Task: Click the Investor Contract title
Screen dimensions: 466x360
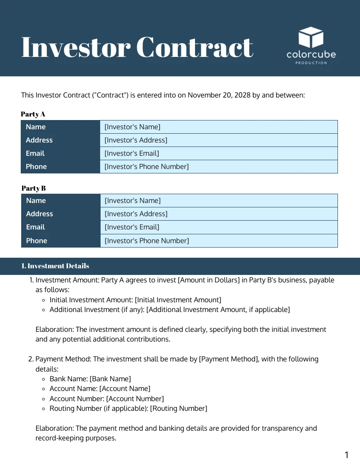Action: click(137, 47)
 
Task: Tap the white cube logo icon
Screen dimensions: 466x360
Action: click(311, 38)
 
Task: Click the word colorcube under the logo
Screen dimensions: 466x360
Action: click(311, 55)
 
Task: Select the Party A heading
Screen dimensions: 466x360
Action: click(33, 114)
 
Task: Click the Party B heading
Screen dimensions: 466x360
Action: click(34, 188)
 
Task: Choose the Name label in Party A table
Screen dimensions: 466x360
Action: click(36, 127)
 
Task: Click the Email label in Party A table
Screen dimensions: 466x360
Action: click(35, 154)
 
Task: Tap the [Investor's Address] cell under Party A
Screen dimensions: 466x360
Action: click(136, 140)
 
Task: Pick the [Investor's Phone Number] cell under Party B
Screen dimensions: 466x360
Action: click(146, 241)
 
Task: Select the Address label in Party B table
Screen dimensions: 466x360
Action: click(39, 214)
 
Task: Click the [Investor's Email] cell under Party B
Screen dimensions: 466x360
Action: click(132, 227)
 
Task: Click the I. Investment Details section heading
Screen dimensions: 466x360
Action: click(55, 266)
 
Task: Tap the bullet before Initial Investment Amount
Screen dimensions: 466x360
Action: click(44, 300)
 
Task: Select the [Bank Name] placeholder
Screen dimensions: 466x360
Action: click(110, 379)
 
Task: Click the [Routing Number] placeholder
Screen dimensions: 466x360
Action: click(179, 409)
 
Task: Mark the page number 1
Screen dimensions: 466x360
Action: click(346, 455)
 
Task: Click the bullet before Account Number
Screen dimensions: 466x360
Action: click(44, 399)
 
